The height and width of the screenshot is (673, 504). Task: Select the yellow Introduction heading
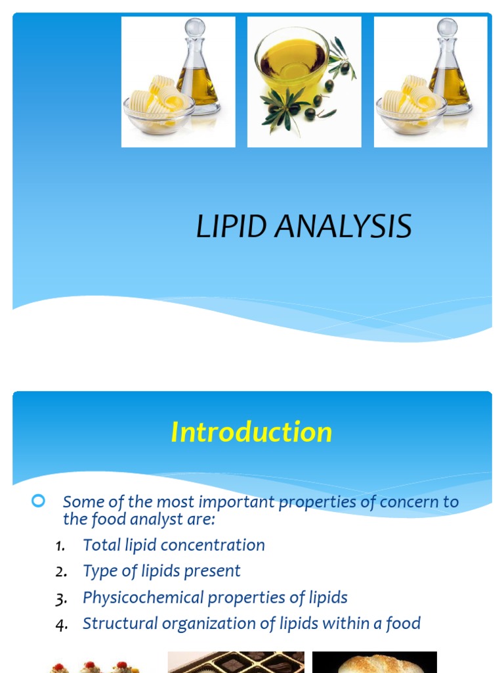coord(251,432)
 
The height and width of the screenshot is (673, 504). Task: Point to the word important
coord(236,502)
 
